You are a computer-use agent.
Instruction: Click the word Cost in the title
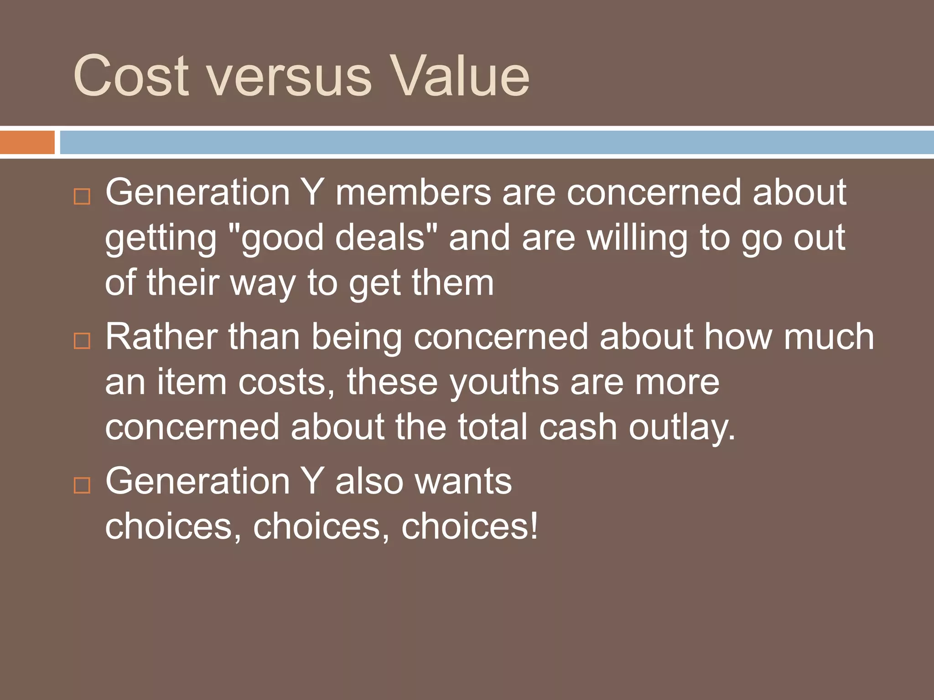130,76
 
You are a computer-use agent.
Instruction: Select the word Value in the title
460,76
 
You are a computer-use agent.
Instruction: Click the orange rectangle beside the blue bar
27,142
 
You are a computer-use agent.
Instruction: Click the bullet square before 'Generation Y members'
82,196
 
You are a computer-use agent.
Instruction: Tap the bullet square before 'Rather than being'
82,340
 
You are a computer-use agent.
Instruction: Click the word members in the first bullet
413,192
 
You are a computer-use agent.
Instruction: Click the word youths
504,382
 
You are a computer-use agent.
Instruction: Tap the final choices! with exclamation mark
470,526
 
